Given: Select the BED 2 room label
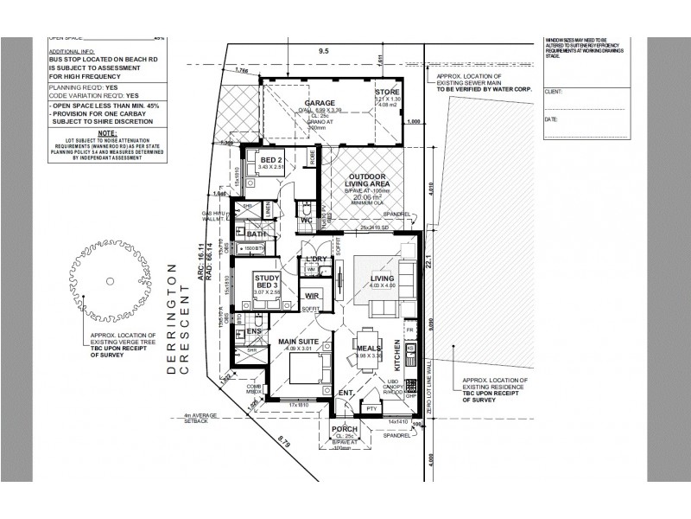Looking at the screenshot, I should [x=271, y=161].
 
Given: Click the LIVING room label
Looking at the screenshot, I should [x=382, y=278].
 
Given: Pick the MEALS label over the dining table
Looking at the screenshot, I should [x=369, y=348].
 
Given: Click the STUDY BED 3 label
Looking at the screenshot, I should [x=266, y=281].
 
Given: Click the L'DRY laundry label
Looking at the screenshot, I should [x=314, y=259].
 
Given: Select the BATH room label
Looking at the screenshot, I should [x=257, y=234].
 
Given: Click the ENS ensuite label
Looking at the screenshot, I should [x=253, y=330].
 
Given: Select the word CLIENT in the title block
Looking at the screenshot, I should [x=554, y=89].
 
